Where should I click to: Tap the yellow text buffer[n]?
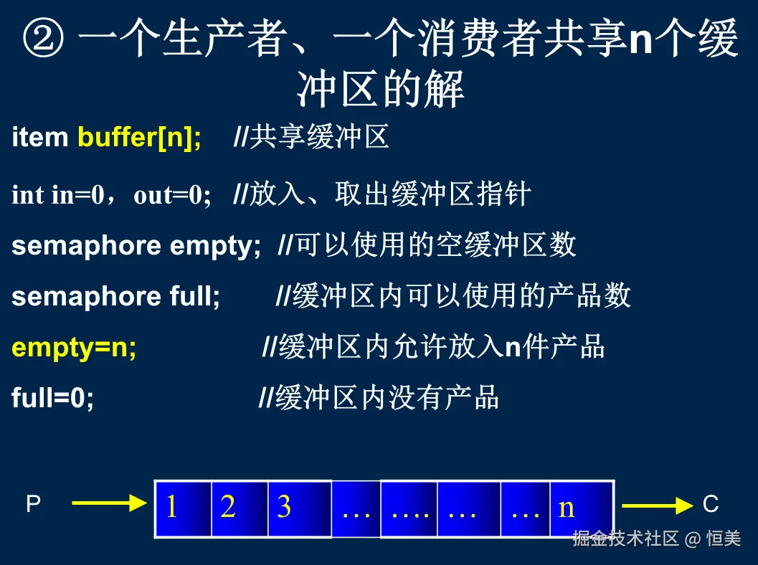pos(139,137)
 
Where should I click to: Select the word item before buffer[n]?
pos(39,137)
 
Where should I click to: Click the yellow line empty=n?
pos(74,348)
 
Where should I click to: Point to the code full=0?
pos(52,397)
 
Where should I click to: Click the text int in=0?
pos(58,195)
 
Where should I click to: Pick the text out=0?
pos(173,195)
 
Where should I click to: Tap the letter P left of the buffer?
pos(34,503)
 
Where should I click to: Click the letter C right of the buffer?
pos(711,504)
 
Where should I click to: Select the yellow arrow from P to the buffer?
pos(109,503)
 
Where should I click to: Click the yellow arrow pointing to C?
pos(658,505)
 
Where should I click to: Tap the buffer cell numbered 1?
pos(183,508)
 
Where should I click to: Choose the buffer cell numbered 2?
pos(240,508)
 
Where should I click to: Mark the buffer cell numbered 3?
pos(300,508)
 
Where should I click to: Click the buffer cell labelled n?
pos(582,508)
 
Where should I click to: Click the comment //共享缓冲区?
pos(311,137)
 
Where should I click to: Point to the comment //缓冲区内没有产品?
pos(379,397)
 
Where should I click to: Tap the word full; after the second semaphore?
pos(195,296)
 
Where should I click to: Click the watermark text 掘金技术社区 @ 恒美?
pos(656,538)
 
